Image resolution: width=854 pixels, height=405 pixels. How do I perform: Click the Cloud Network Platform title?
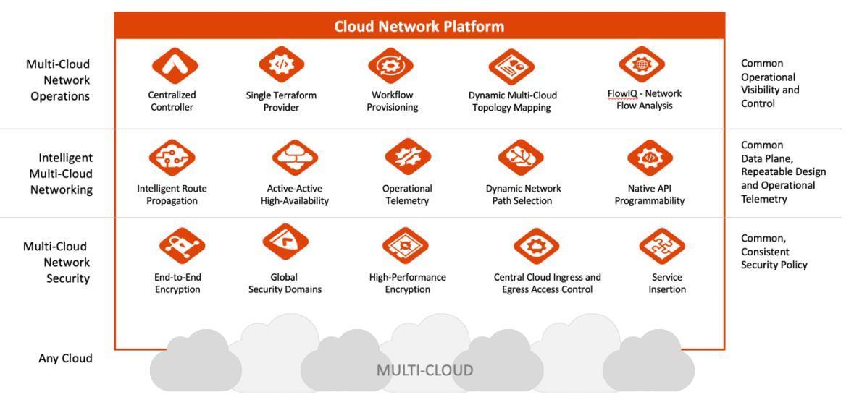pos(419,27)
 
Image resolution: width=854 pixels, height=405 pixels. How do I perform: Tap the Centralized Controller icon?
pos(175,66)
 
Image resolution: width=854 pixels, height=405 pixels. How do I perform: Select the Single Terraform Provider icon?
pos(281,64)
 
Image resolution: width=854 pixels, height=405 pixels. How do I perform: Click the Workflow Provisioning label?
pos(392,101)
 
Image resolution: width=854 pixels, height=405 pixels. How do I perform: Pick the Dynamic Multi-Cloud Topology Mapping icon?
pos(511,67)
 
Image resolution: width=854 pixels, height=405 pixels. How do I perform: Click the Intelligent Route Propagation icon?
pos(172,158)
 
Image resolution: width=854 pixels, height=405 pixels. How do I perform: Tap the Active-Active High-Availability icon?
pos(295,158)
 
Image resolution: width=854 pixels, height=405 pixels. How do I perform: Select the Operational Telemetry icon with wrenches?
pos(408,156)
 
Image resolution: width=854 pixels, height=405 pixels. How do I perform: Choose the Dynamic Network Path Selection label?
pos(523,195)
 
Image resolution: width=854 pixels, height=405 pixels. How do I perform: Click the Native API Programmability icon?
pos(650,158)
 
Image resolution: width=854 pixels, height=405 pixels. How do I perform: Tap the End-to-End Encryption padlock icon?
pos(182,246)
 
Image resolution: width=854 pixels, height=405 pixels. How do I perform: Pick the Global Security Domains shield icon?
pos(285,242)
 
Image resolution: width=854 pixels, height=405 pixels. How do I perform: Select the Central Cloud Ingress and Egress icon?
pos(537,246)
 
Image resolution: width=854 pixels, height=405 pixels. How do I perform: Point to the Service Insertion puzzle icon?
pos(662,246)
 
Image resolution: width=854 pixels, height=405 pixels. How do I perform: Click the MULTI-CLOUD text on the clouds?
pos(424,371)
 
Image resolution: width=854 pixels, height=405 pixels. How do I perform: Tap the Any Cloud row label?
pos(65,358)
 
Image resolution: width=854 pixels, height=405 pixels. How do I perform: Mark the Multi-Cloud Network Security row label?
pos(56,263)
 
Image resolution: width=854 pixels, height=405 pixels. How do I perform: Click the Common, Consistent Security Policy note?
pos(774,252)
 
